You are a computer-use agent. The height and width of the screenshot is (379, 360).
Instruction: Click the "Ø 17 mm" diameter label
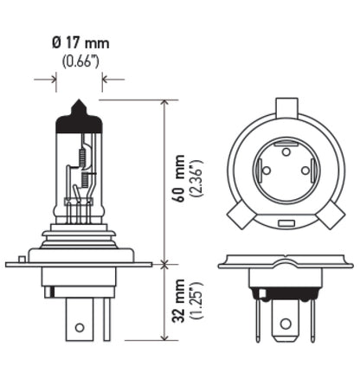(80, 42)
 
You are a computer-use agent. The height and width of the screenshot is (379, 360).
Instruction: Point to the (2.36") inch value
(196, 181)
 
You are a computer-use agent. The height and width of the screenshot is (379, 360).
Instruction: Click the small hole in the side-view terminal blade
(80, 329)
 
